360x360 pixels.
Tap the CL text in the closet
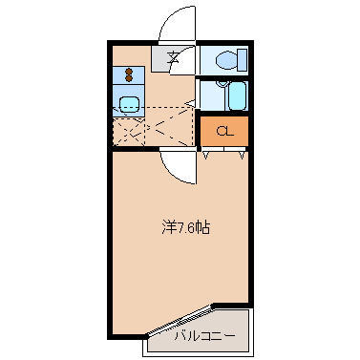pyautogui.click(x=225, y=131)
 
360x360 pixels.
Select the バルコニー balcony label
pyautogui.click(x=204, y=335)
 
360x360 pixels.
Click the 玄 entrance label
pyautogui.click(x=173, y=57)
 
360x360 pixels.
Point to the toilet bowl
pyautogui.click(x=226, y=59)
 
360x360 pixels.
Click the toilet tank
pyautogui.click(x=243, y=59)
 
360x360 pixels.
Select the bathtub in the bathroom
pyautogui.click(x=237, y=95)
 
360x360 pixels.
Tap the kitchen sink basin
pyautogui.click(x=130, y=104)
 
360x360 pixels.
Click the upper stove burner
pyautogui.click(x=129, y=72)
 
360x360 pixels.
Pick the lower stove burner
pyautogui.click(x=129, y=78)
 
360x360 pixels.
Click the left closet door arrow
pyautogui.click(x=206, y=156)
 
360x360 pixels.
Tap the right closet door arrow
pyautogui.click(x=242, y=156)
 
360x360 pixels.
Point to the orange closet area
pyautogui.click(x=224, y=131)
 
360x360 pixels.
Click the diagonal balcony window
pyautogui.click(x=180, y=320)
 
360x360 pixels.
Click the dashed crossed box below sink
pyautogui.click(x=129, y=131)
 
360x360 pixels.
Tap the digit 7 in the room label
pyautogui.click(x=180, y=228)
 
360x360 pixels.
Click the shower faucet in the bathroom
pyautogui.click(x=222, y=84)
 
